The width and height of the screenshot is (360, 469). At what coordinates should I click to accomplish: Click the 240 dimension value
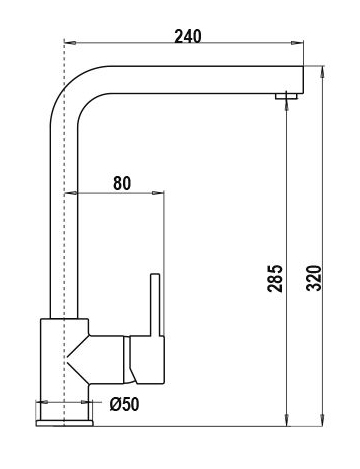188,36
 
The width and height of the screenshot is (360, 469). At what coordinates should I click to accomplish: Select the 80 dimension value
122,183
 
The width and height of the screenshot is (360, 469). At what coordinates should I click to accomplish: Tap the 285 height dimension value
275,278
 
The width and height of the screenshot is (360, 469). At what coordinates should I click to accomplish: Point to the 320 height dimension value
314,278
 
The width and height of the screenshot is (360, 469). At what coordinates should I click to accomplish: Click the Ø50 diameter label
125,404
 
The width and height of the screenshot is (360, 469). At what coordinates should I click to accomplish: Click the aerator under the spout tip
286,96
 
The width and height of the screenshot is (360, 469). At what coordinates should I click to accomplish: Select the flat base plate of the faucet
65,423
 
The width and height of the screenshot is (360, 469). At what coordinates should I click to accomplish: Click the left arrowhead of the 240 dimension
70,43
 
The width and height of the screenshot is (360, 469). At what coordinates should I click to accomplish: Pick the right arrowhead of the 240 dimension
297,43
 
